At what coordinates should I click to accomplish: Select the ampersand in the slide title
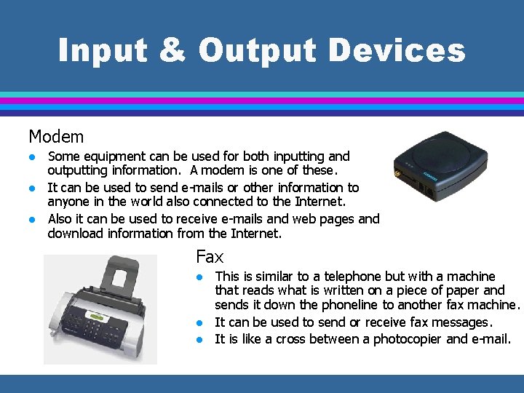[x=180, y=50]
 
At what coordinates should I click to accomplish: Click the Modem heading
[x=56, y=136]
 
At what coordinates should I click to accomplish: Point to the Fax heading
[x=210, y=256]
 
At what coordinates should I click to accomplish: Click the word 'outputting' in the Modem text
[x=76, y=171]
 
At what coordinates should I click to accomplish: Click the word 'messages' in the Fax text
[x=463, y=322]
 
